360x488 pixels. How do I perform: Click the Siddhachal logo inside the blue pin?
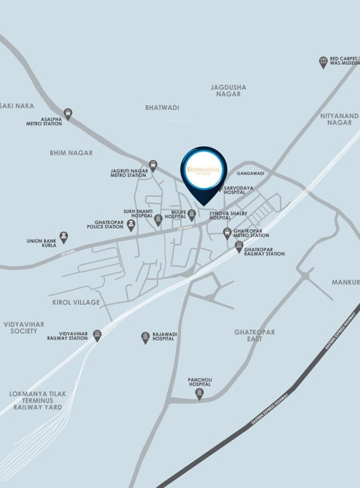point(204,168)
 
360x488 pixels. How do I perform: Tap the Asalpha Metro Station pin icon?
point(68,114)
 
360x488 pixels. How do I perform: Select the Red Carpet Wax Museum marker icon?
point(323,62)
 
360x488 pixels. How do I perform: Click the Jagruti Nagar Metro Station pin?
point(153,165)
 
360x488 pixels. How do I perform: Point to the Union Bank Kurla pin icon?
point(63,236)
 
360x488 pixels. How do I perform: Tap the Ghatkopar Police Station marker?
point(131,224)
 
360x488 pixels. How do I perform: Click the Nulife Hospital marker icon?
point(191,215)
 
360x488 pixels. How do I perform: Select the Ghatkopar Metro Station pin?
point(227,233)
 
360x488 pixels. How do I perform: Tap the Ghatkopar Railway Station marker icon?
point(239,247)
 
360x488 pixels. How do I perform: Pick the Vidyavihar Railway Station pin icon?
point(97,335)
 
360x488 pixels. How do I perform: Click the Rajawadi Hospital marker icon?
point(145,337)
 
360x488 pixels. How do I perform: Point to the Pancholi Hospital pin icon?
point(200,394)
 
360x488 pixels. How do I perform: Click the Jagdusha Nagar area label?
point(229,90)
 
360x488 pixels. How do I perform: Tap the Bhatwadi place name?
point(162,108)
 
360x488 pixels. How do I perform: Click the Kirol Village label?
point(76,302)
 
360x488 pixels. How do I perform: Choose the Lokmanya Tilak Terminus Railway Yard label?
point(36,400)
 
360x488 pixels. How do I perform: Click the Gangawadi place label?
point(250,173)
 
